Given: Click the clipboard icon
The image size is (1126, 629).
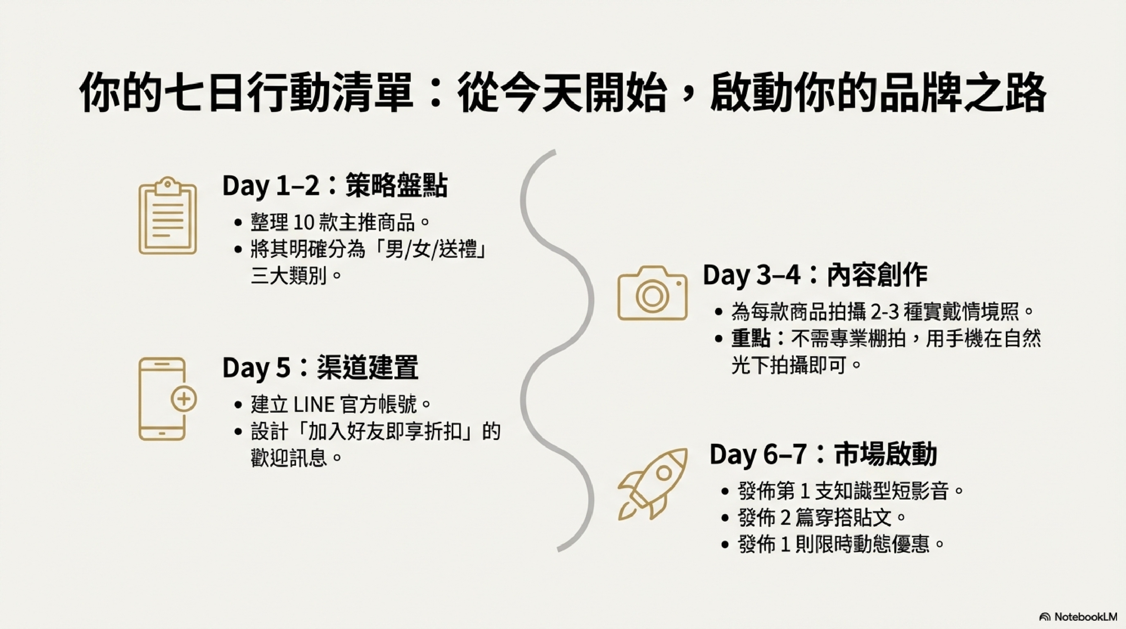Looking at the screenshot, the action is point(167,215).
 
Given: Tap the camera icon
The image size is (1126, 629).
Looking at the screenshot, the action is point(652,292).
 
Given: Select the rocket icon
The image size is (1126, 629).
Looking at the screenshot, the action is point(652,484).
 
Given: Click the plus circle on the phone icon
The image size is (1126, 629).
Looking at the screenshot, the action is point(183,399).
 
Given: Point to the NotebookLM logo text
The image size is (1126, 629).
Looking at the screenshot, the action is point(1085,617).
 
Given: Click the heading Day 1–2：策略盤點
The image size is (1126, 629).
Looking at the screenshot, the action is point(335,186).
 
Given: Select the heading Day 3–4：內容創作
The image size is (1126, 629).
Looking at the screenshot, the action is point(815,275).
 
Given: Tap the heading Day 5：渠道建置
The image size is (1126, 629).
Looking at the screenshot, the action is point(320,367).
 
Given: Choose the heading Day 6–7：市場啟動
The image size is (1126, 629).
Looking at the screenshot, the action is point(823,454).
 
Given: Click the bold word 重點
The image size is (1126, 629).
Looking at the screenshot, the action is point(751,338).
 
